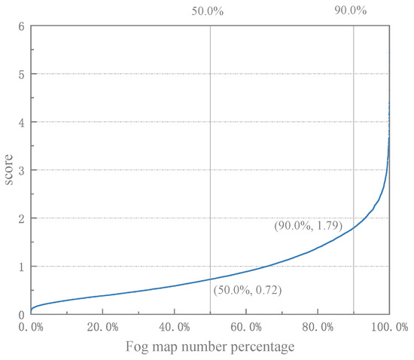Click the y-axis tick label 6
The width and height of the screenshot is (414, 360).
pos(22,26)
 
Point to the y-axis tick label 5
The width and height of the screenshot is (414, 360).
pos(22,75)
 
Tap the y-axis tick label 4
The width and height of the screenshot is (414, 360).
pos(22,123)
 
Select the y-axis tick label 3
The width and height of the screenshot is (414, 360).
pos(22,171)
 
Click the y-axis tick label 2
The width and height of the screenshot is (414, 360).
pos(22,219)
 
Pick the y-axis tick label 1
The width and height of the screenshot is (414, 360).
pos(22,267)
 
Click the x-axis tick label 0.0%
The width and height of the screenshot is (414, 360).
pos(32,327)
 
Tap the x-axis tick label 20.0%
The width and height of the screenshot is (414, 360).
pos(102,327)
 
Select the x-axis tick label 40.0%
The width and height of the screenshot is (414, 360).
pos(174,327)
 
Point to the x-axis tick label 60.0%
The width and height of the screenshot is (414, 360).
pos(245,327)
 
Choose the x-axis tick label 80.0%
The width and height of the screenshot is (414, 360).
pos(317,327)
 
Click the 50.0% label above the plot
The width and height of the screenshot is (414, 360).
pos(209,11)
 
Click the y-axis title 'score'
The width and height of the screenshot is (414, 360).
pos(10,171)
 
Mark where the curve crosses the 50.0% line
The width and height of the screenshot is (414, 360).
pos(210,280)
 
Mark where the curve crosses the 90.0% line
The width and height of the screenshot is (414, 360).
pos(353,228)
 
